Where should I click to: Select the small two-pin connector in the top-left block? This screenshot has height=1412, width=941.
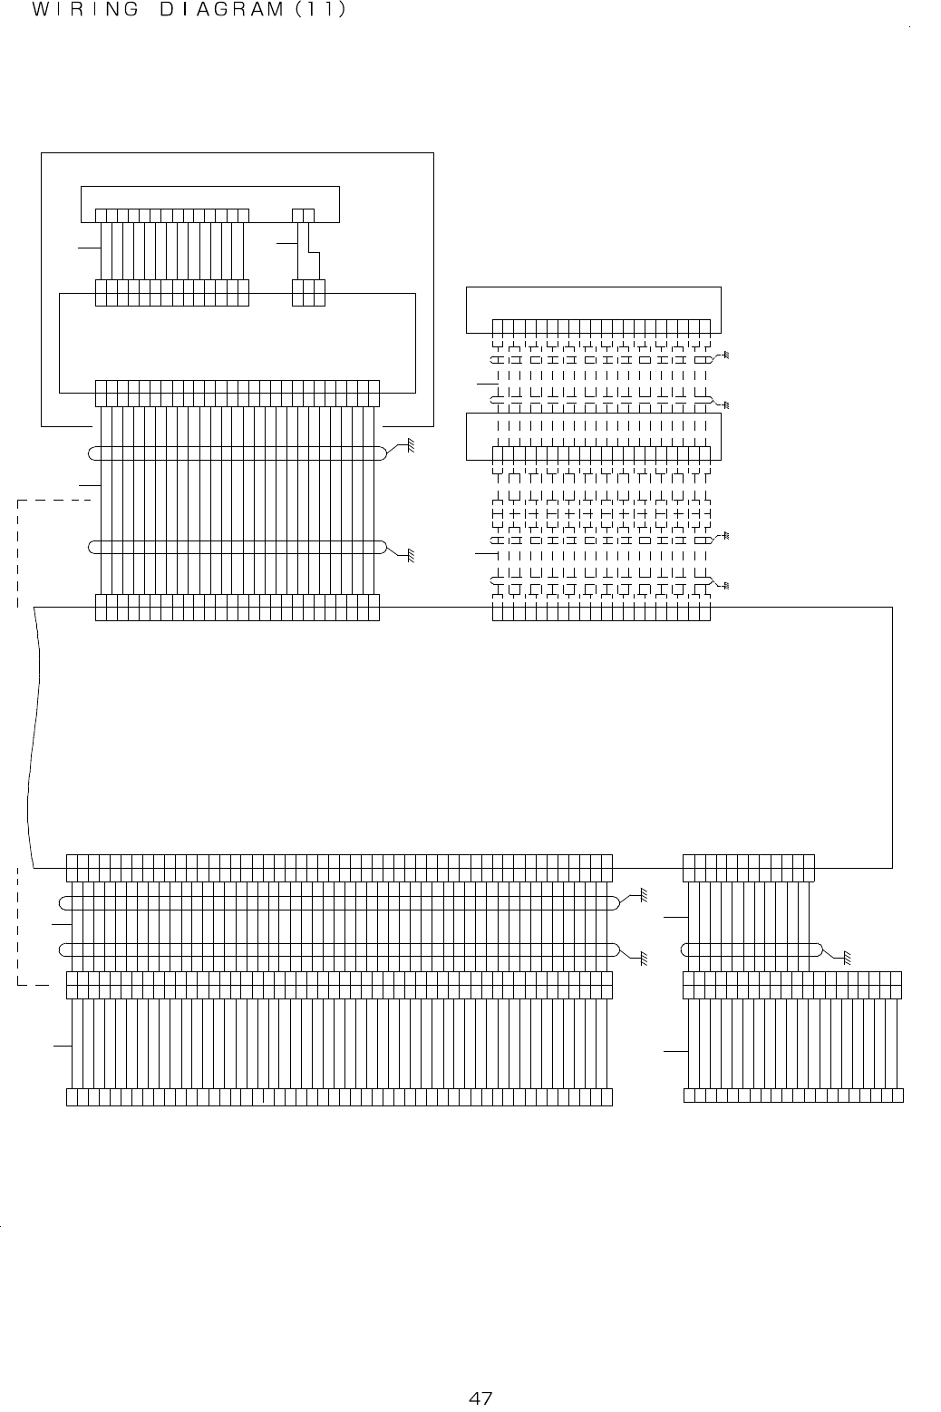[x=304, y=215]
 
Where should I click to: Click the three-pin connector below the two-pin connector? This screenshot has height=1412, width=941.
[x=308, y=293]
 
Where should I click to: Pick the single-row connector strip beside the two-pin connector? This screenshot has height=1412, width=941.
[x=171, y=215]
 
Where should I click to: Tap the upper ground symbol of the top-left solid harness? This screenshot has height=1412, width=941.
[x=410, y=445]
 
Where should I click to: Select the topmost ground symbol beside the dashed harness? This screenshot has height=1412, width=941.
[x=725, y=355]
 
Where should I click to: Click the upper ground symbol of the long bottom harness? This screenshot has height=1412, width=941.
[x=642, y=895]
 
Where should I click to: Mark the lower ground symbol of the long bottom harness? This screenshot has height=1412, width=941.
[x=642, y=956]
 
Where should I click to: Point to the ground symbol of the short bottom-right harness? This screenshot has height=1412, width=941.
[x=846, y=957]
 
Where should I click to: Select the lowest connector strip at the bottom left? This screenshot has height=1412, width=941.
[x=340, y=1097]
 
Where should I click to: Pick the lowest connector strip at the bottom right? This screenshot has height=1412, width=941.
[x=793, y=1095]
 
